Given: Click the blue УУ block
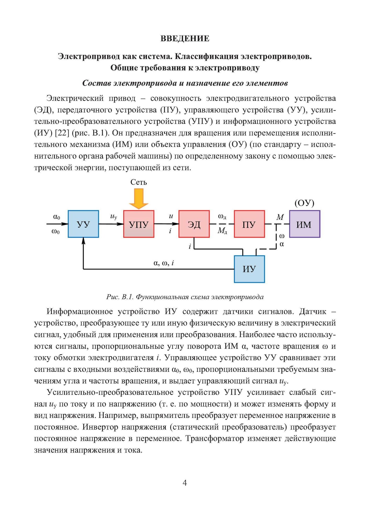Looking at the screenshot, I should pos(83,224).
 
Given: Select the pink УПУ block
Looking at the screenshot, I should pos(139,224).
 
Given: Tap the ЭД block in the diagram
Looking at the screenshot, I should pos(194,224).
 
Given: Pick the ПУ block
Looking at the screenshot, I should pos(249,224).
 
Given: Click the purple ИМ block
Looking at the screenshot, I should pos(305,224).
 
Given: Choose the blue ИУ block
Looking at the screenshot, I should pos(249,269).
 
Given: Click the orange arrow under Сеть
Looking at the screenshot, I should pos(139,199).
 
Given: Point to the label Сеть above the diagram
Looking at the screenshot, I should pos(139,182).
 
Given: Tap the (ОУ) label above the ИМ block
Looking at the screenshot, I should pos(304,203).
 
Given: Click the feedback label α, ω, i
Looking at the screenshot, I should pos(164,263).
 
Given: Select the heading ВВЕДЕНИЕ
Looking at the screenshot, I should pos(185,39).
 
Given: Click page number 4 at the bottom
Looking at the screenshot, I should pos(185,483).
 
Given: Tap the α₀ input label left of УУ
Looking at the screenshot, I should pos(56,217).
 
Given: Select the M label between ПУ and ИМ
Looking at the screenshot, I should pos(280,217).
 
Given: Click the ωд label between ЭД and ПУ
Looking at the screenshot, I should pos(222,217).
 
